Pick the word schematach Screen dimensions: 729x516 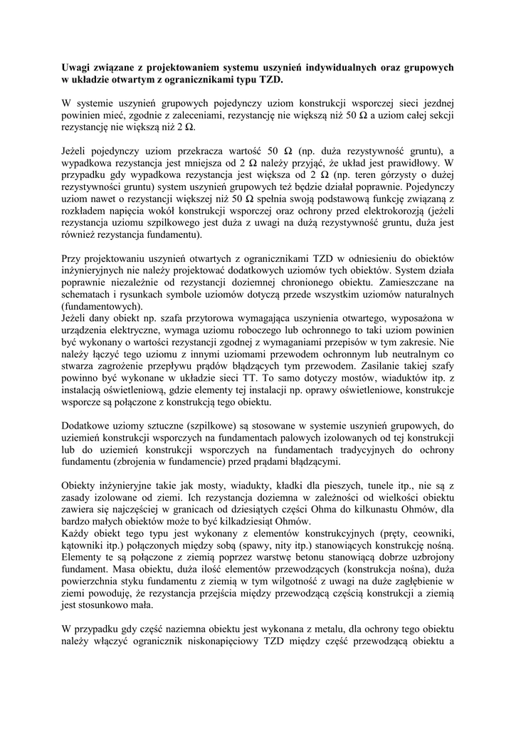(87, 295)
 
